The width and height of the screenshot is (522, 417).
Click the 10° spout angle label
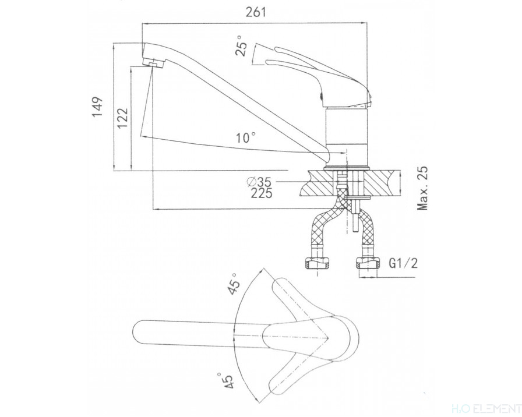coord(246,138)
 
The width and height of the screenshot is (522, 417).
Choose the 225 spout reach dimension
coord(260,194)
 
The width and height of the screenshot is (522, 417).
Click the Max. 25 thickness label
coord(424,188)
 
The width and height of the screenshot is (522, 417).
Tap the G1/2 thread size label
coord(401,264)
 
